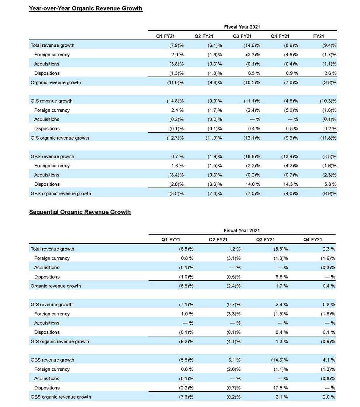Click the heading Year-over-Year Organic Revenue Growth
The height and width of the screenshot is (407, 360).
point(85,9)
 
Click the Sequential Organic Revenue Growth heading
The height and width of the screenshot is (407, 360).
point(80,212)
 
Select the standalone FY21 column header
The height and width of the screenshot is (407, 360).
point(318,36)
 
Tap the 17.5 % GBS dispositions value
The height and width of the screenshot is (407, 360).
point(281,388)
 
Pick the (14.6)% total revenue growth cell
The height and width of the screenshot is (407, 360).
point(251,45)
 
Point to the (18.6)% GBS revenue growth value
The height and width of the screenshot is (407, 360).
point(251,157)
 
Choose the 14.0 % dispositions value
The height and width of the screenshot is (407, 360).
point(253,184)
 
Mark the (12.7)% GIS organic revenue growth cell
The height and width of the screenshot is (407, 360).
point(175,138)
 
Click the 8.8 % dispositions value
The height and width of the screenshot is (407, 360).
point(281,277)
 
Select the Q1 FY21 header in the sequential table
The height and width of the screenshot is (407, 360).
point(171,240)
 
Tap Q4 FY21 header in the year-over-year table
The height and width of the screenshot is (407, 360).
point(280,36)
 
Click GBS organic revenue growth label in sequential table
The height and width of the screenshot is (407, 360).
point(61,397)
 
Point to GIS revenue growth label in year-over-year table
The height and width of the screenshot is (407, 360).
point(52,101)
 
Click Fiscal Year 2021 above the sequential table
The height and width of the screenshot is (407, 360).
point(242,231)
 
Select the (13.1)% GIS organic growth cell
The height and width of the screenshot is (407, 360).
point(251,138)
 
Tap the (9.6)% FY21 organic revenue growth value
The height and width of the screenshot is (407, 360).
point(329,83)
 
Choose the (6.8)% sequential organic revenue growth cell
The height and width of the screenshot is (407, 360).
point(186,286)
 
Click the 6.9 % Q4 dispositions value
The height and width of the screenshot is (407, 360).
point(292,73)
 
